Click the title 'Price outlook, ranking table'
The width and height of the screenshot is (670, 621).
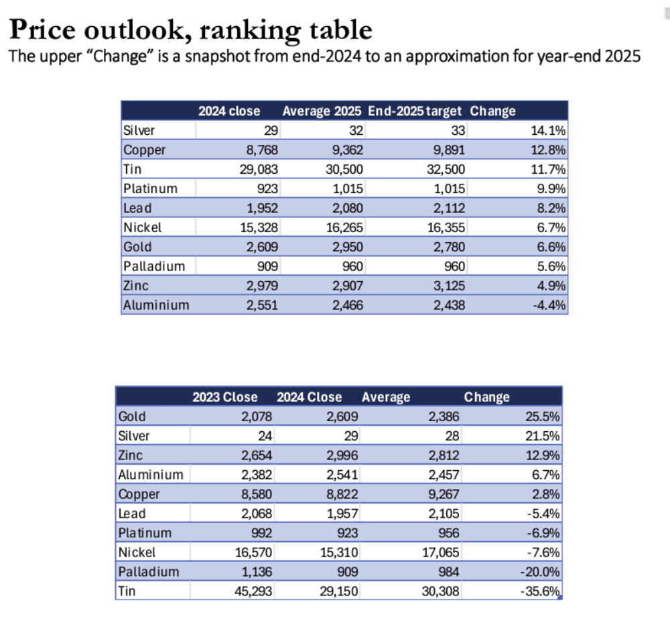click(190, 30)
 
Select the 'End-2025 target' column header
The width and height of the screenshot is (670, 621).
click(415, 111)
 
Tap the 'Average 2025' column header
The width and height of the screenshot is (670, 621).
click(322, 111)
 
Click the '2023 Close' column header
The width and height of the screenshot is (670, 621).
click(225, 397)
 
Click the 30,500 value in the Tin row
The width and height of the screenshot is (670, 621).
click(344, 170)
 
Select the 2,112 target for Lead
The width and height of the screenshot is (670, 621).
click(450, 208)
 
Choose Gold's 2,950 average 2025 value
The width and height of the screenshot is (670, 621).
click(348, 247)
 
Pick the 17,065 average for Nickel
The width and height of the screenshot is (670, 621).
click(441, 553)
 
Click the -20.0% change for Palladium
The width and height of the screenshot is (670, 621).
click(543, 572)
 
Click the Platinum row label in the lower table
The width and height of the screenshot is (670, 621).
click(145, 533)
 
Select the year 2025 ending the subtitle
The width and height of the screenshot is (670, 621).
click(623, 56)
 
